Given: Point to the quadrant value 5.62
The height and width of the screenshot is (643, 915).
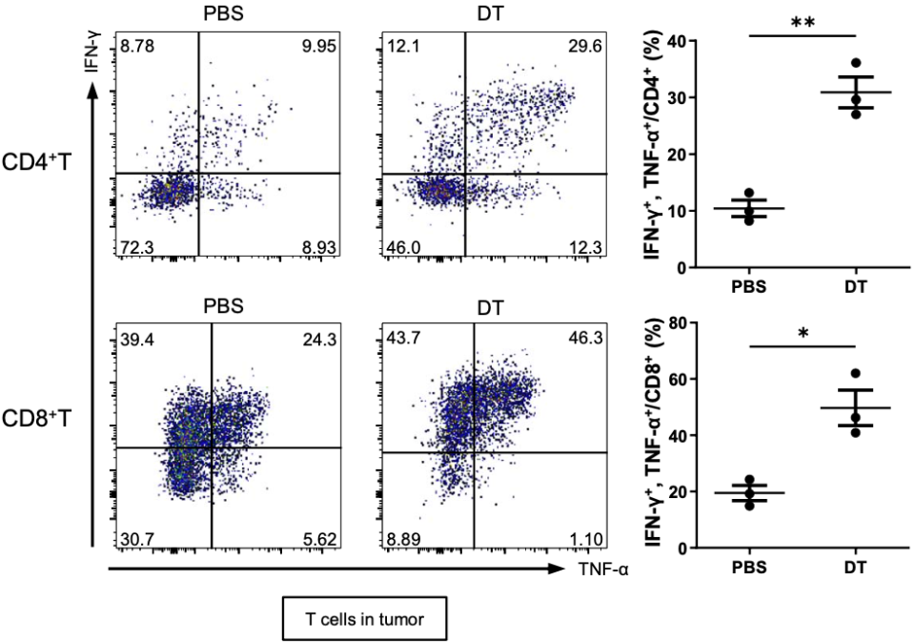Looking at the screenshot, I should [316, 540].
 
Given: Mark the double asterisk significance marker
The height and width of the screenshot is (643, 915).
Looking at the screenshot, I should [803, 21].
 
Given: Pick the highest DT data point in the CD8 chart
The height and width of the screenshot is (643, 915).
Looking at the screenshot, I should [855, 374].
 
